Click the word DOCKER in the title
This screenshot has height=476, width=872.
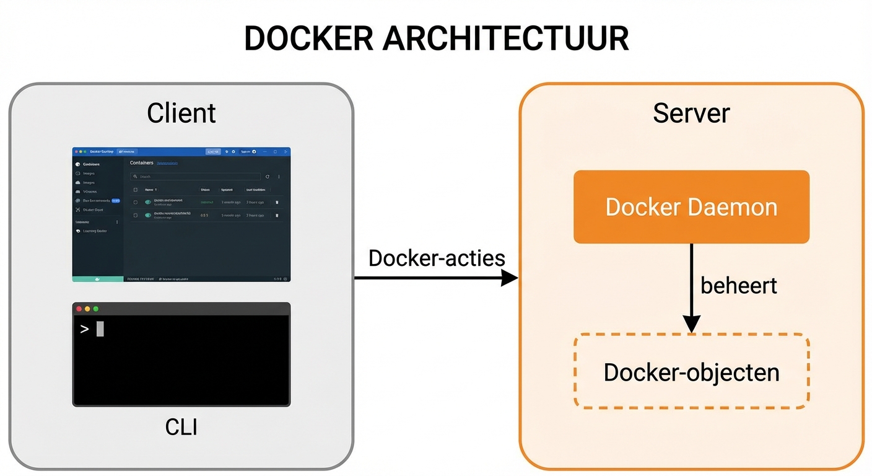pos(308,38)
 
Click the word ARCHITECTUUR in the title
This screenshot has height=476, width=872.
pos(505,38)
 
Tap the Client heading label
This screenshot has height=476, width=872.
pos(181,113)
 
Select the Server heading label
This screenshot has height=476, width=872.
pos(691,113)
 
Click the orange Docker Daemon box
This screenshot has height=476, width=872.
pos(691,206)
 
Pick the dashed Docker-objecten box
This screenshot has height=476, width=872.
pos(691,372)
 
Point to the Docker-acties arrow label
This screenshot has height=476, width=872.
pos(437,258)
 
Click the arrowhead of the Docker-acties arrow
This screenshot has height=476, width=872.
pos(510,278)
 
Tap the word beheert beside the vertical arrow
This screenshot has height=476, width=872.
pos(738,286)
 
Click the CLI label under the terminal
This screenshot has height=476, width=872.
pos(181,427)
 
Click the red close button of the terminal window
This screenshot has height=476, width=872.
pos(79,309)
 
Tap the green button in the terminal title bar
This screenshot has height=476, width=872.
pos(96,309)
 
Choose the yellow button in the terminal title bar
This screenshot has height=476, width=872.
pos(87,309)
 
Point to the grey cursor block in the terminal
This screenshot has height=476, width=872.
pos(100,329)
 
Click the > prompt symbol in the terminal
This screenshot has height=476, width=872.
pos(85,329)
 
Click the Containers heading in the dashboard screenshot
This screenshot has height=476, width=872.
pos(141,162)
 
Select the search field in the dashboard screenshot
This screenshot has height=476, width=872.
pos(195,177)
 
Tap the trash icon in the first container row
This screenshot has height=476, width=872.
pos(277,202)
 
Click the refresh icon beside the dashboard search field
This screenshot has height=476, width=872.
pos(268,177)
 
